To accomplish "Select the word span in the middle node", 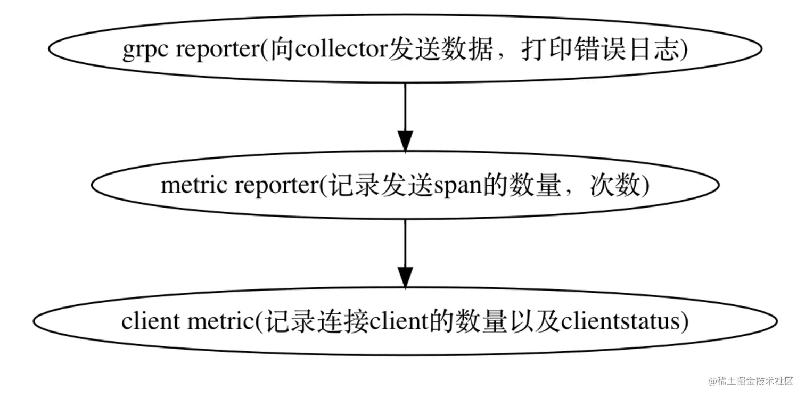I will tap(453, 187).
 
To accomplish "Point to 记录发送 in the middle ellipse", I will tap(379, 186).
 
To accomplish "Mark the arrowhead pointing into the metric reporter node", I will tap(405, 141).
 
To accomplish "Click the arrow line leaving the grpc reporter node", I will tap(405, 106).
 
